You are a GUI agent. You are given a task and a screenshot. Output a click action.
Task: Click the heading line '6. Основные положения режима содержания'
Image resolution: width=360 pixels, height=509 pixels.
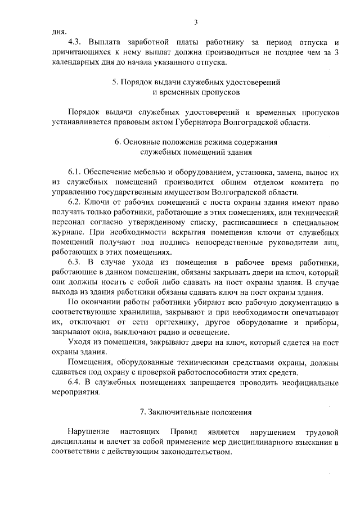click(x=195, y=142)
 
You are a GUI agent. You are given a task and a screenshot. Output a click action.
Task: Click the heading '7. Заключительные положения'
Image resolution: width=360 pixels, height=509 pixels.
click(x=195, y=412)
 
